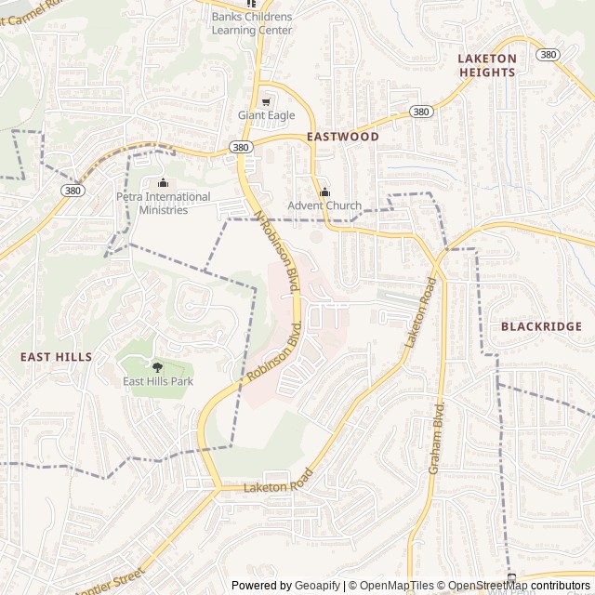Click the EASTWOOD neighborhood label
[343, 136]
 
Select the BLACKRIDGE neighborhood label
[541, 326]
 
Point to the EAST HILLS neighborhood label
[56, 356]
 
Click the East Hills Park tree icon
[157, 366]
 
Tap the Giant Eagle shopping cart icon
[266, 101]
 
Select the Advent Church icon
[324, 192]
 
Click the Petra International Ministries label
[164, 203]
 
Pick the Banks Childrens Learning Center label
[251, 23]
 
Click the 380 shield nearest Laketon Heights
[549, 55]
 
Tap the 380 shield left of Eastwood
[241, 147]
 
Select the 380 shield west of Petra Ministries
[73, 190]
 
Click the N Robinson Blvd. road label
[278, 252]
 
